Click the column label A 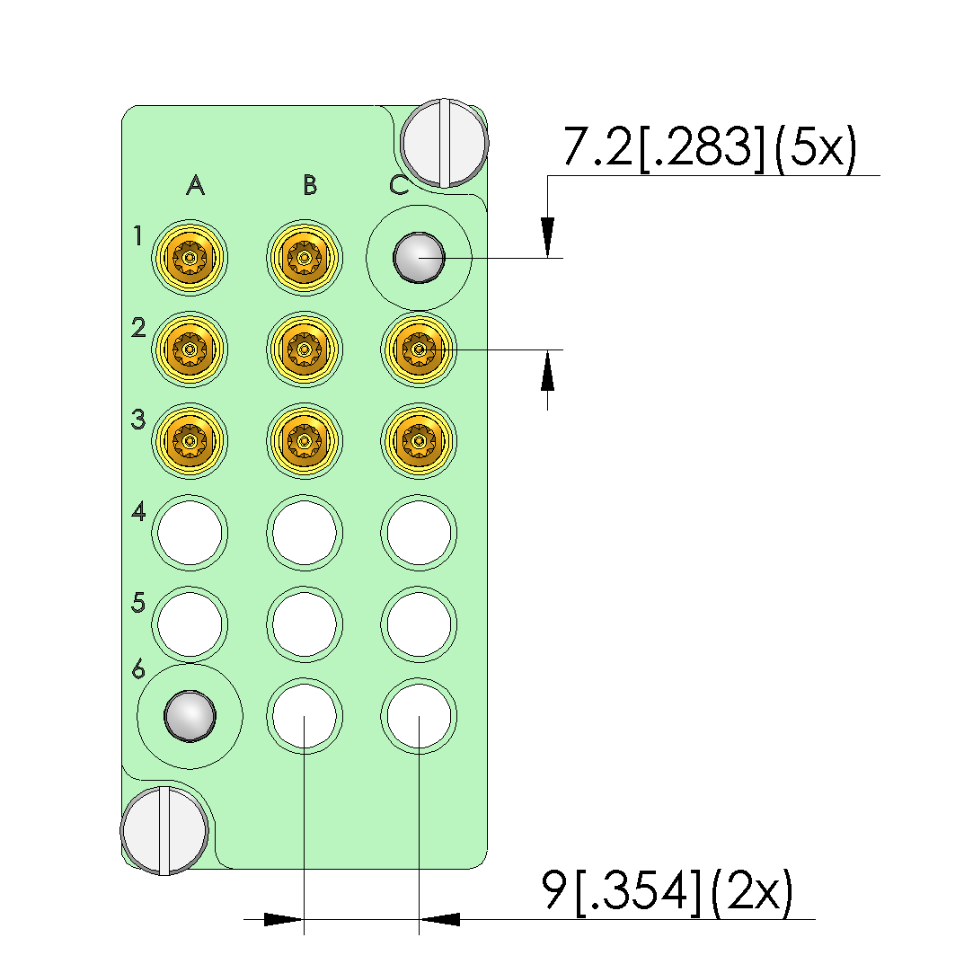196,185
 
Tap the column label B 310,185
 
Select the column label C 399,185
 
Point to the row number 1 137,235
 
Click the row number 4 138,511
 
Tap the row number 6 138,669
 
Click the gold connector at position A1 190,258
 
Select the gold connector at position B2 304,349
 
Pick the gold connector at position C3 419,441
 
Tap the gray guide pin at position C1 419,258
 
